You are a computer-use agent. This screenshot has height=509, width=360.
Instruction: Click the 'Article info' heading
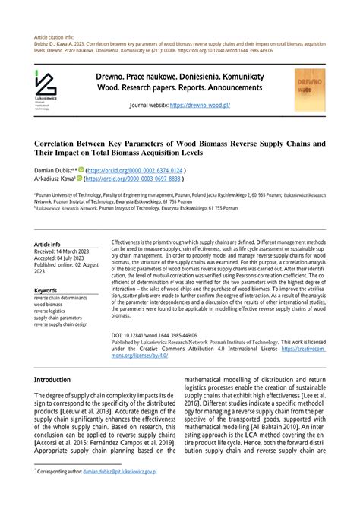point(48,245)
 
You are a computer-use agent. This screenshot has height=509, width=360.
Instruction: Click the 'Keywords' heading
point(46,291)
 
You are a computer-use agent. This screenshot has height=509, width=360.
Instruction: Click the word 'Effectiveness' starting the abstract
point(130,238)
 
